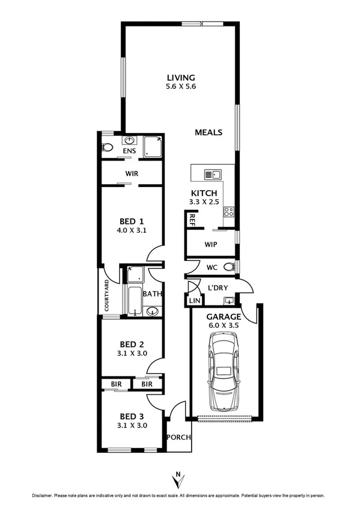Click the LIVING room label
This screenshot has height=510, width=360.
tap(181, 78)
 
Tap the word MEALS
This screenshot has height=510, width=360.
tap(209, 132)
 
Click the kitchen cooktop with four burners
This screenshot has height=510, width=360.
tap(229, 212)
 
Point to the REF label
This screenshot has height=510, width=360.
tap(192, 220)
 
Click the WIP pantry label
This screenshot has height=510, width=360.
tap(210, 245)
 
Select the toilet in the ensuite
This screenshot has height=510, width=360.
tap(108, 147)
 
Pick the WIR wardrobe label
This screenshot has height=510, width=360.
tap(132, 173)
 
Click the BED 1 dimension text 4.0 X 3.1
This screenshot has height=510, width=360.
tap(132, 230)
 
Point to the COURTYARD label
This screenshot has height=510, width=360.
tap(106, 295)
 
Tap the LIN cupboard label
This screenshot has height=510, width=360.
tap(194, 300)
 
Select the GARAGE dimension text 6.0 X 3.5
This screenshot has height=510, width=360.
tap(224, 325)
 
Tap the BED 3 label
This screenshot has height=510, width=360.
tap(132, 416)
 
